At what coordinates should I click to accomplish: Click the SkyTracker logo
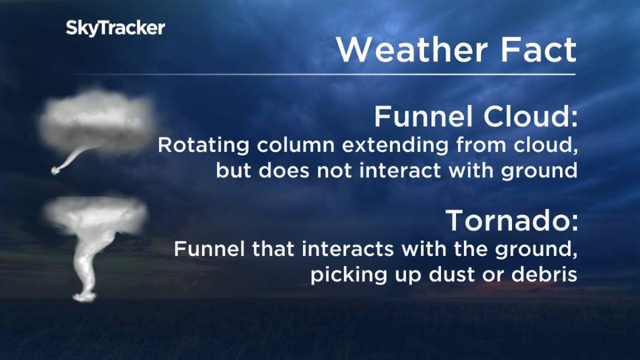pos(115,28)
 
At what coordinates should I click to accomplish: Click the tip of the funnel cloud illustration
pos(55,170)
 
